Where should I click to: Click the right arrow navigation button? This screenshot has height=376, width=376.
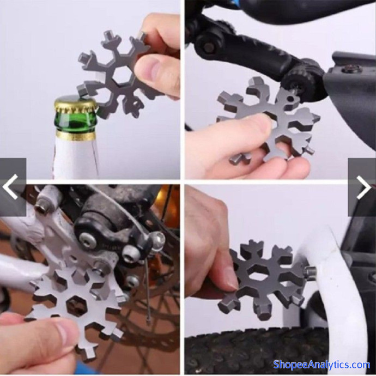point(362,187)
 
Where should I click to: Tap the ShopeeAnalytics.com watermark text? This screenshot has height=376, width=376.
point(322,365)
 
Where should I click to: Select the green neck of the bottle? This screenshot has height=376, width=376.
point(76,122)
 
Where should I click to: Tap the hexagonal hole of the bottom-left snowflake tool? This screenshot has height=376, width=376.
point(76,305)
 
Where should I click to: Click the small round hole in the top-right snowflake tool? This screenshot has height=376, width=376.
point(290,99)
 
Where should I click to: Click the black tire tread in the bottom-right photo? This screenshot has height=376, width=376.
point(257,350)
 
